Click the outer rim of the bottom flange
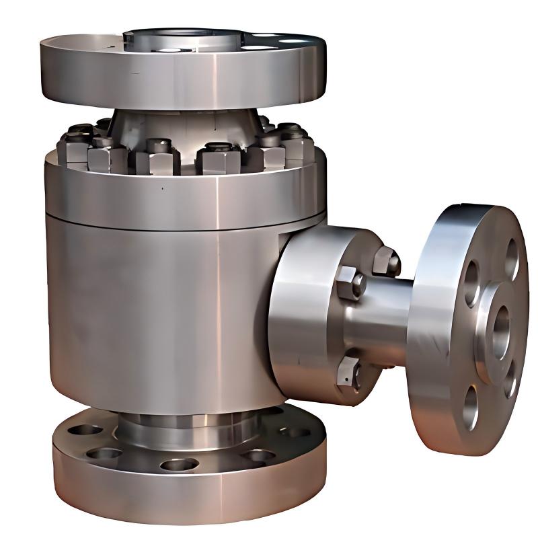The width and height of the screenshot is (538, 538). tap(188, 498)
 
